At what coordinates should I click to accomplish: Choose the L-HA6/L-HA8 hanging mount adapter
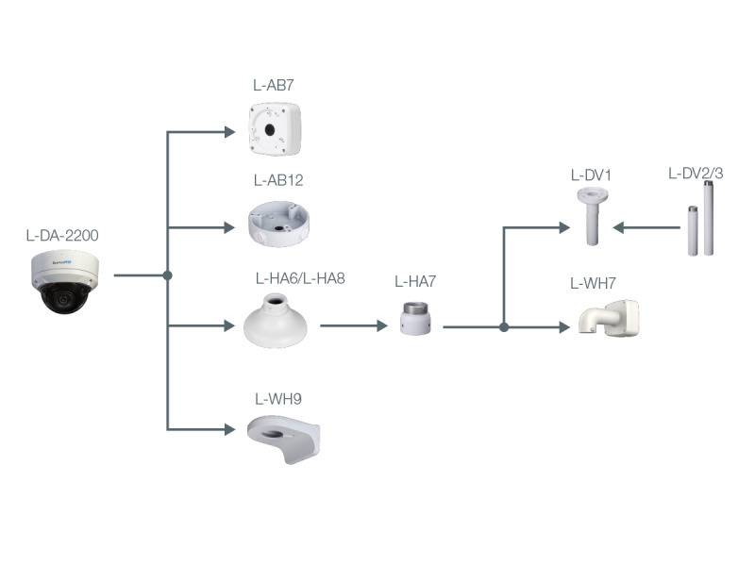pos(277,321)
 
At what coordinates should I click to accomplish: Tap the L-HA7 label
pos(415,281)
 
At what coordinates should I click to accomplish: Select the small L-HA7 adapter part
pos(415,318)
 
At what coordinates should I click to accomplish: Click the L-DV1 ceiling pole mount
pos(591,215)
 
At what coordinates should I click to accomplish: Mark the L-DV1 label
pos(592,175)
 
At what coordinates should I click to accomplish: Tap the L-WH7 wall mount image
pos(609,318)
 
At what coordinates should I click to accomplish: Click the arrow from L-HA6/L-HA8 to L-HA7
pos(354,326)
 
